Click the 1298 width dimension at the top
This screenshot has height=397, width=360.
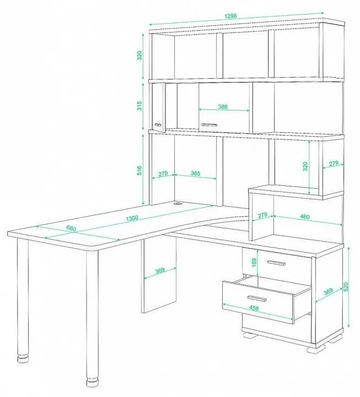coord(230,15)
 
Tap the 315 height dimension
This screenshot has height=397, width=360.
coord(139,105)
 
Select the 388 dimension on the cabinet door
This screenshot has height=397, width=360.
coord(223,106)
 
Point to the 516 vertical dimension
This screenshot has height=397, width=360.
coord(139,170)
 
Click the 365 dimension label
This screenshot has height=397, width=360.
coord(196,174)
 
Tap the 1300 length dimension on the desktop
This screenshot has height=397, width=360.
coord(132,218)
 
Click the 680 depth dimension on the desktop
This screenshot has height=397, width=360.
coord(71,228)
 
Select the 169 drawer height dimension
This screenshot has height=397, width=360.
coord(255,262)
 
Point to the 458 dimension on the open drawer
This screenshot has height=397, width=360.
coord(254,308)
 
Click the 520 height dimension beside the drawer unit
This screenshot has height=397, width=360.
coord(346,286)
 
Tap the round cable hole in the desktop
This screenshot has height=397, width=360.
coord(178,203)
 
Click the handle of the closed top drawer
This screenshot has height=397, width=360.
coord(276,263)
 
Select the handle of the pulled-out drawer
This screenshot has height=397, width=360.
coord(257,298)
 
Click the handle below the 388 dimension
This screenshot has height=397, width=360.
coord(209,125)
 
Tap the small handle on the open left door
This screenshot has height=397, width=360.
coord(158,125)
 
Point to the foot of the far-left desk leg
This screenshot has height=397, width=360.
coord(23,360)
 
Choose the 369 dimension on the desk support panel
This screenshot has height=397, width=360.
coord(160,270)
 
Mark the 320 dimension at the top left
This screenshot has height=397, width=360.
coord(139,56)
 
